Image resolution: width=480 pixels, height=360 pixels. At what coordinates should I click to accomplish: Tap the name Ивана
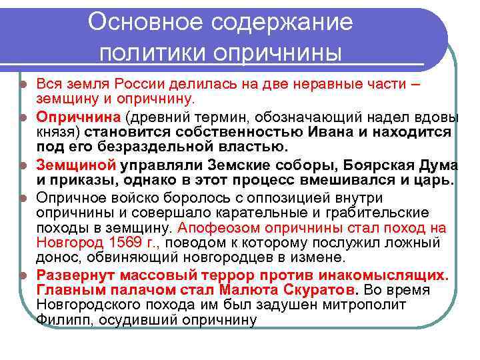click(x=333, y=131)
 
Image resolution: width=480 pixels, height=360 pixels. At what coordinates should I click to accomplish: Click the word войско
click(x=125, y=197)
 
